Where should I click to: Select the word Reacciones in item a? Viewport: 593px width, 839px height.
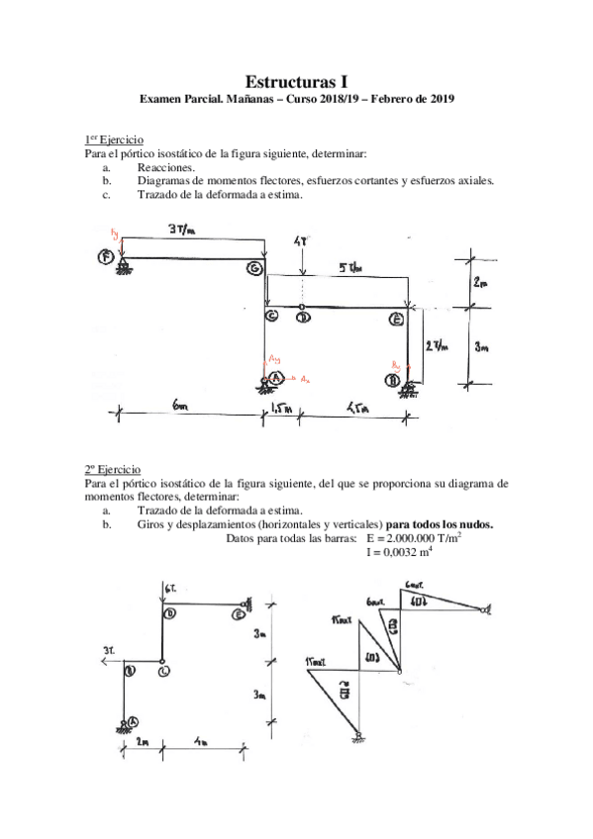tap(165, 169)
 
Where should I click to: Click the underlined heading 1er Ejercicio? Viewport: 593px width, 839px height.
tap(113, 142)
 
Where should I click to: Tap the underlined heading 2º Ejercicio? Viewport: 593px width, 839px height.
tap(112, 469)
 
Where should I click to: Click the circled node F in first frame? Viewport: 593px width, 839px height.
tap(105, 257)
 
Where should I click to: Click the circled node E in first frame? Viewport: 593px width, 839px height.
tap(395, 319)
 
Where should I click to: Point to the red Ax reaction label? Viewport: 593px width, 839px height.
tap(305, 379)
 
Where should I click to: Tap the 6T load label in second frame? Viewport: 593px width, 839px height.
tap(170, 590)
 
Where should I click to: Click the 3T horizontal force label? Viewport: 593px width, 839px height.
tap(108, 650)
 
